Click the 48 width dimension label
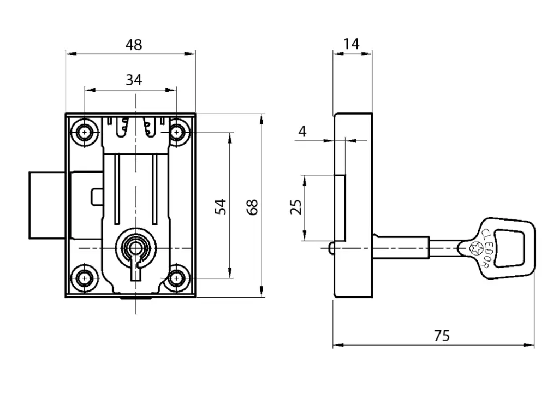[x=134, y=45]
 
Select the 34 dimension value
[x=134, y=80]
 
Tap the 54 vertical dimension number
[x=220, y=206]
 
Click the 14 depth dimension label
[x=352, y=44]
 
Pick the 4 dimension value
[x=303, y=131]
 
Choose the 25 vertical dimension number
[x=295, y=207]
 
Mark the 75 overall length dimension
[x=442, y=336]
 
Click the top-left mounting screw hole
[x=85, y=133]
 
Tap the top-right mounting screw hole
[x=176, y=133]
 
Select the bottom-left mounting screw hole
[x=85, y=278]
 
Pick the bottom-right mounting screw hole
[x=176, y=278]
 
